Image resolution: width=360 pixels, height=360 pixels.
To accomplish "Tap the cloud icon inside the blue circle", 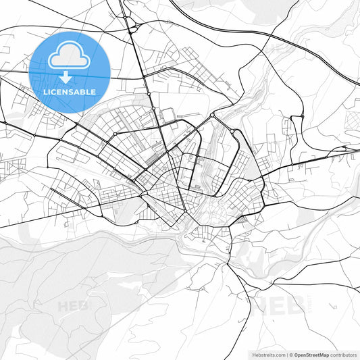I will click(x=70, y=57).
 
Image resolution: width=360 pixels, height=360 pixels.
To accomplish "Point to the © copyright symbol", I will click(x=293, y=354).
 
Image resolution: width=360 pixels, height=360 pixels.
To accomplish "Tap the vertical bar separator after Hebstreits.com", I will click(x=288, y=354).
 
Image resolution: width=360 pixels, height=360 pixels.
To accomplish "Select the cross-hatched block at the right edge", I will click(x=352, y=120).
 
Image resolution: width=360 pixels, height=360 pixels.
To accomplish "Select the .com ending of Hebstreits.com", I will click(x=280, y=354).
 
